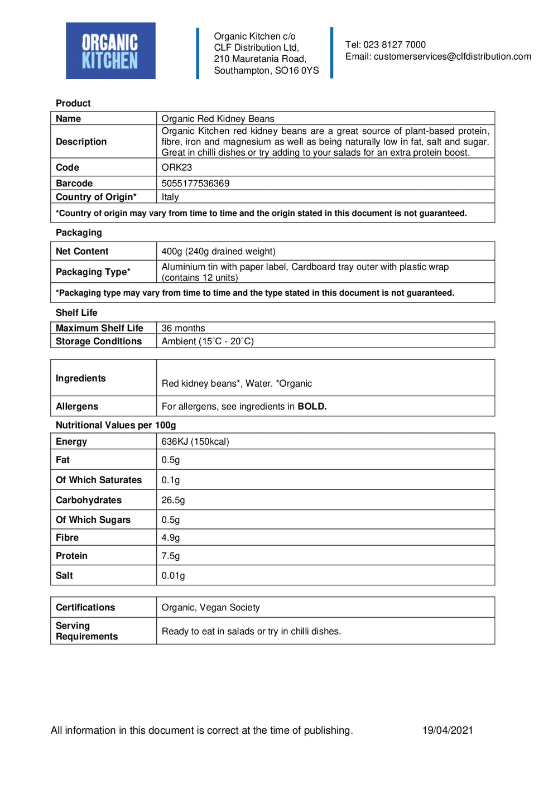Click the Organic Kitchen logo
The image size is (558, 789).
[110, 51]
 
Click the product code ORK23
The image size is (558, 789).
[176, 167]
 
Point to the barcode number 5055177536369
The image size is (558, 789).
[195, 183]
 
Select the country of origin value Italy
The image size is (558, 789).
[170, 197]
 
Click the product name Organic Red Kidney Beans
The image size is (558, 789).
[218, 118]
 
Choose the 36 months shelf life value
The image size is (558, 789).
[183, 328]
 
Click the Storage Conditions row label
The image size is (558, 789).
[99, 341]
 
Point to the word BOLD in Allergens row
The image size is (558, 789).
[311, 406]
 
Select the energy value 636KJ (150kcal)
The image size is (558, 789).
[195, 441]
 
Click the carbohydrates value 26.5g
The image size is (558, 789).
[173, 500]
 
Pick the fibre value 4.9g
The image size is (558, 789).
[171, 538]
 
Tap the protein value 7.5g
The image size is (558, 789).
[171, 556]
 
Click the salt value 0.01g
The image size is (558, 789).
[173, 575]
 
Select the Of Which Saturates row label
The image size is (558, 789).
[99, 480]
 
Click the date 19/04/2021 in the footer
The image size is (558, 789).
[448, 730]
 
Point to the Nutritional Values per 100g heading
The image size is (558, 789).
[116, 425]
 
